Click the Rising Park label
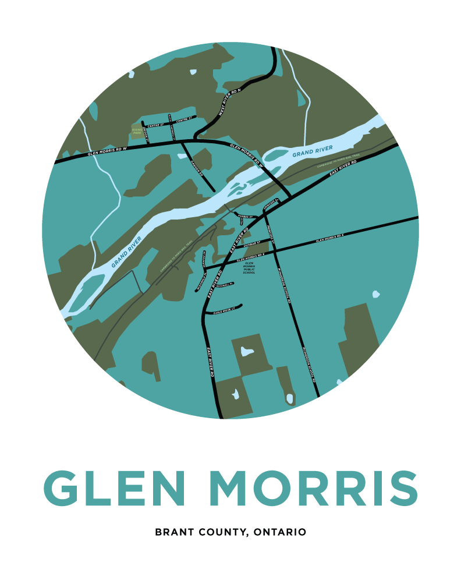137,131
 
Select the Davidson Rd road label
196,169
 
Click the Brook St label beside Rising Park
146,133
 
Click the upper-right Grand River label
313,152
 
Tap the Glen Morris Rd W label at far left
107,152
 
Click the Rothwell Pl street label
224,285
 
